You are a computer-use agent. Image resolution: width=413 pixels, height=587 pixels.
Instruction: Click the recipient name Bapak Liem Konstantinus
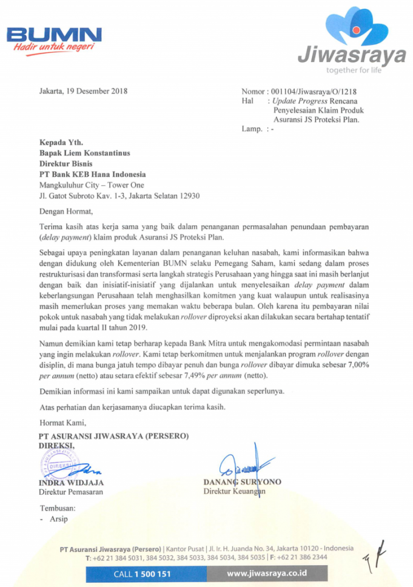point(85,153)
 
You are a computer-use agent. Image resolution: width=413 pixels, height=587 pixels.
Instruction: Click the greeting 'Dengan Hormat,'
point(66,212)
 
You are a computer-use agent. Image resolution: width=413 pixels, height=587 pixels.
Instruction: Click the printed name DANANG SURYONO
point(242,481)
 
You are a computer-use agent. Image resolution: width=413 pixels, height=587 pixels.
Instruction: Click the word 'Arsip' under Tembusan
point(59,519)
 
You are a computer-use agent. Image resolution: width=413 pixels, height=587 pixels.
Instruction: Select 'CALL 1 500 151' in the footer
point(143,573)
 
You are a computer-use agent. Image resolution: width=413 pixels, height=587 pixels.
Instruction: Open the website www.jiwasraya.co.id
point(267,573)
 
